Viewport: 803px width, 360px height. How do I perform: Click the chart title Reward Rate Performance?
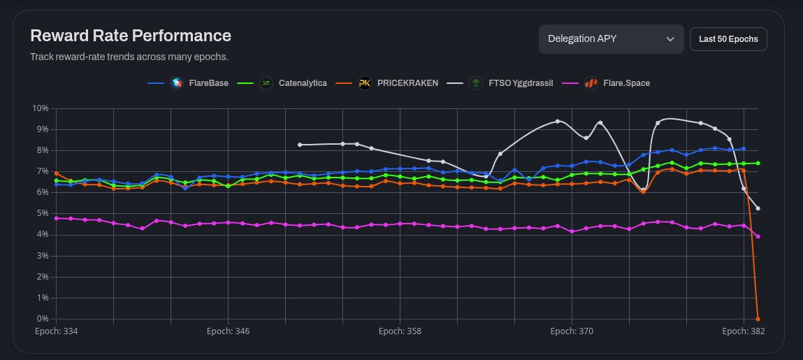tap(131, 36)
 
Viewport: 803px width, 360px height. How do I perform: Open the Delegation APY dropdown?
tap(611, 39)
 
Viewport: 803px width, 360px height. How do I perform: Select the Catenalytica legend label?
tap(302, 83)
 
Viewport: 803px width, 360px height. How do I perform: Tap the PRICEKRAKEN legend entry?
tap(407, 83)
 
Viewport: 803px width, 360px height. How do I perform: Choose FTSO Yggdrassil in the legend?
tap(521, 83)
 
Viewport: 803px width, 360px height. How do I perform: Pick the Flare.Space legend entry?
tap(626, 83)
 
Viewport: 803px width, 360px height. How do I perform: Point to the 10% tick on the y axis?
tap(41, 108)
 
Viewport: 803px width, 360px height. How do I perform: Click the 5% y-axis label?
tap(42, 214)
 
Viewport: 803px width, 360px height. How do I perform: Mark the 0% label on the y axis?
tap(42, 319)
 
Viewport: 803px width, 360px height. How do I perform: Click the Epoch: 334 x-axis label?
tap(56, 331)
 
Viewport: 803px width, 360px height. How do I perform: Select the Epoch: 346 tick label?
tap(228, 331)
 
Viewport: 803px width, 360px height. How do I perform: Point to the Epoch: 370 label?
tap(572, 331)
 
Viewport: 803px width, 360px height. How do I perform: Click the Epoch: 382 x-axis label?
tap(744, 331)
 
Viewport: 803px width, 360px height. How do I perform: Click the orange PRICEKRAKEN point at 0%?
tap(758, 319)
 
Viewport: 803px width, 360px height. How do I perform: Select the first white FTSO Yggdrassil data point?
tap(300, 145)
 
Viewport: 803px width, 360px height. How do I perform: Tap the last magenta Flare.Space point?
tap(758, 236)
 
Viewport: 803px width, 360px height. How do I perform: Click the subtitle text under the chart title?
tap(129, 57)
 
